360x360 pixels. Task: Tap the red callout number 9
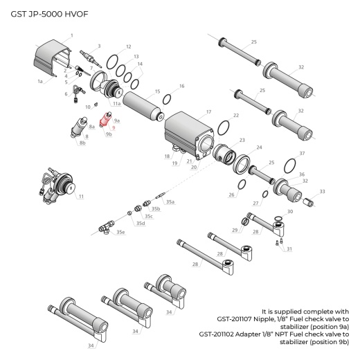pyautogui.click(x=112, y=127)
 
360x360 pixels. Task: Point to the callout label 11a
pyautogui.click(x=117, y=103)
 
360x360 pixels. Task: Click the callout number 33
pyautogui.click(x=322, y=191)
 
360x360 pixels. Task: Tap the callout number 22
pyautogui.click(x=236, y=115)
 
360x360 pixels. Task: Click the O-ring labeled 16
pyautogui.click(x=167, y=99)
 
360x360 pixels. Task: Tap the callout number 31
pyautogui.click(x=289, y=249)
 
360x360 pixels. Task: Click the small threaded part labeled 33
pyautogui.click(x=311, y=201)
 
